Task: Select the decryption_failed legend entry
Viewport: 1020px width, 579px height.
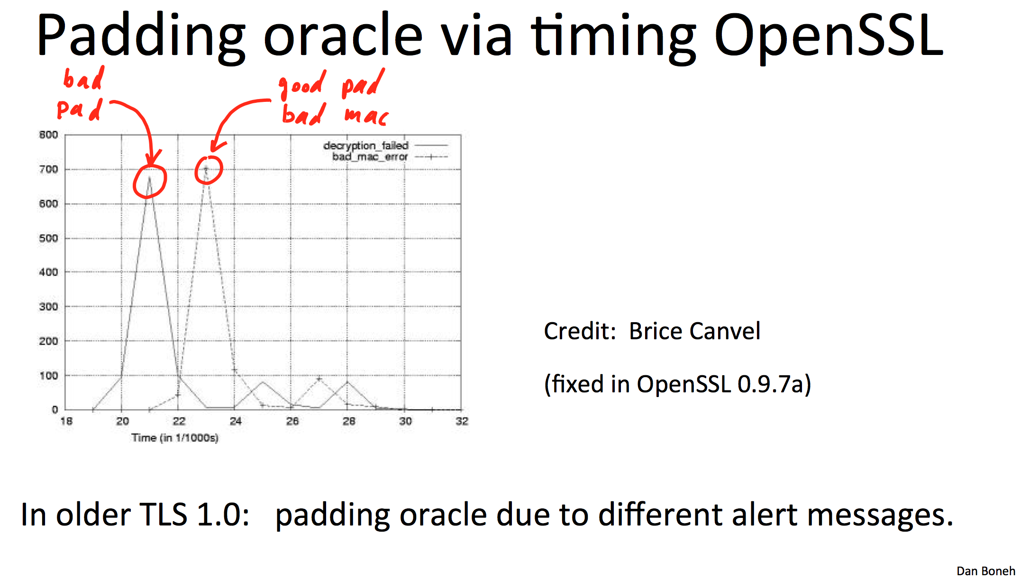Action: tap(385, 145)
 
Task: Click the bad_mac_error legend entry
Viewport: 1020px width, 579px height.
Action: tap(390, 157)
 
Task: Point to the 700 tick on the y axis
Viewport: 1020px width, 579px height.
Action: tap(48, 169)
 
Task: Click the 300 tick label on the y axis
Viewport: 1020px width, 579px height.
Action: tap(48, 307)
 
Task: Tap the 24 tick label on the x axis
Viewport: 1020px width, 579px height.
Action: tap(236, 421)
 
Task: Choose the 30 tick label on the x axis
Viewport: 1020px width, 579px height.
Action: tap(405, 421)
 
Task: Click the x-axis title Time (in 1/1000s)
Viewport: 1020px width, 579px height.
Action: tap(175, 438)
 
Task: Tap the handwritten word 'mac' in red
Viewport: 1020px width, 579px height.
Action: tap(366, 116)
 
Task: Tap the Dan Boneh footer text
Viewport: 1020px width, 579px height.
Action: tap(986, 571)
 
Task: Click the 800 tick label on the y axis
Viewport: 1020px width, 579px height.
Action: tap(48, 135)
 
